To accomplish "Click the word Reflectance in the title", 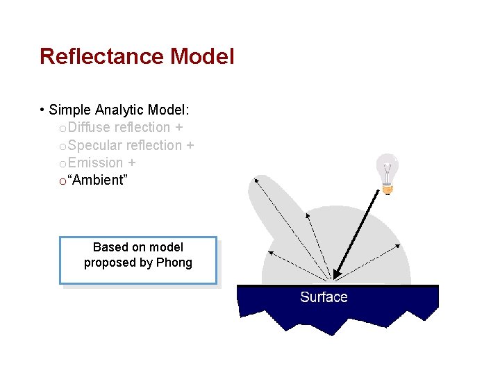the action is [x=102, y=56].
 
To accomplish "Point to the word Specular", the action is [x=96, y=145].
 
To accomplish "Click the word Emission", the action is [x=95, y=162].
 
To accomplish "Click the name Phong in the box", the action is [x=174, y=262].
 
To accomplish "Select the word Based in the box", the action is [x=110, y=247].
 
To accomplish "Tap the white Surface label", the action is [x=324, y=297].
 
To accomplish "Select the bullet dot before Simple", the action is [x=43, y=110].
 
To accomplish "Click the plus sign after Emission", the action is [x=131, y=163].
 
